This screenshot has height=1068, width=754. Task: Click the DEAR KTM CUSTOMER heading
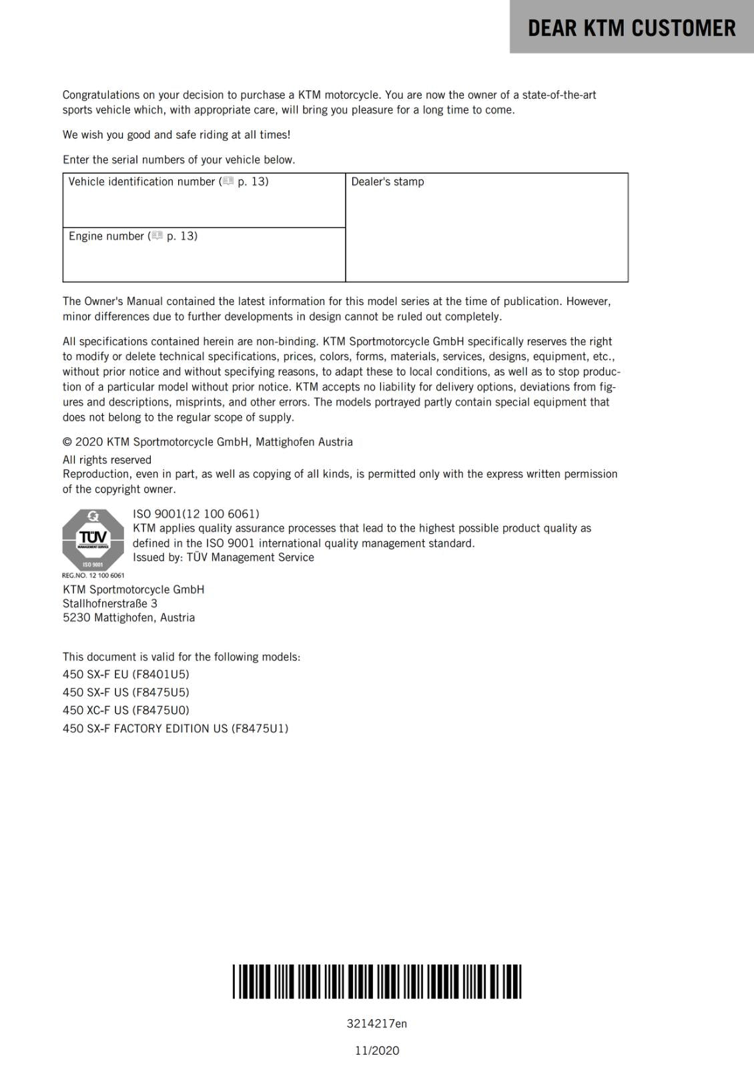pos(631,28)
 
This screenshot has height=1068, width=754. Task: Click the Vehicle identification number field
pos(204,200)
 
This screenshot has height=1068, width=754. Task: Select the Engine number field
pos(204,255)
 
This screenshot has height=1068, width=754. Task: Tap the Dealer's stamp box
pos(486,228)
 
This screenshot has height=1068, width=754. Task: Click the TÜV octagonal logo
pos(93,539)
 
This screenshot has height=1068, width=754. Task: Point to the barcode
pos(377,981)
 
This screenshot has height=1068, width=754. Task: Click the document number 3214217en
pos(377,1023)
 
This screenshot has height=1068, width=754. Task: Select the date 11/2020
pos(377,1051)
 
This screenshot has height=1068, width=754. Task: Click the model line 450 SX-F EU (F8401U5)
pos(126,674)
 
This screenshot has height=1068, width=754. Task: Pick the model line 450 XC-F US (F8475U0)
pos(126,710)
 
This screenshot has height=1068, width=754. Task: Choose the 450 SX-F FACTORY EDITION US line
pos(175,728)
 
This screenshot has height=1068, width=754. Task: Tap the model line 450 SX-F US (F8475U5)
pos(126,692)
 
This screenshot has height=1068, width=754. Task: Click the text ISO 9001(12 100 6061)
pos(196,514)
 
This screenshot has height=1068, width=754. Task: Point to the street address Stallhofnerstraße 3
pos(110,603)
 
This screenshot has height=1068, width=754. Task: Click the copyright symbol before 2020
pos(67,442)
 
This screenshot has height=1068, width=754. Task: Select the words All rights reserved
pos(107,460)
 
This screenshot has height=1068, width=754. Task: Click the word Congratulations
pos(101,95)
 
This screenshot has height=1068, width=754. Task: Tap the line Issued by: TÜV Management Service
pos(223,557)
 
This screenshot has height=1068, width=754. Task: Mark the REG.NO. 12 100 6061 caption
pos(93,575)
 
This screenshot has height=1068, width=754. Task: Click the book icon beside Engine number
pos(157,236)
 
